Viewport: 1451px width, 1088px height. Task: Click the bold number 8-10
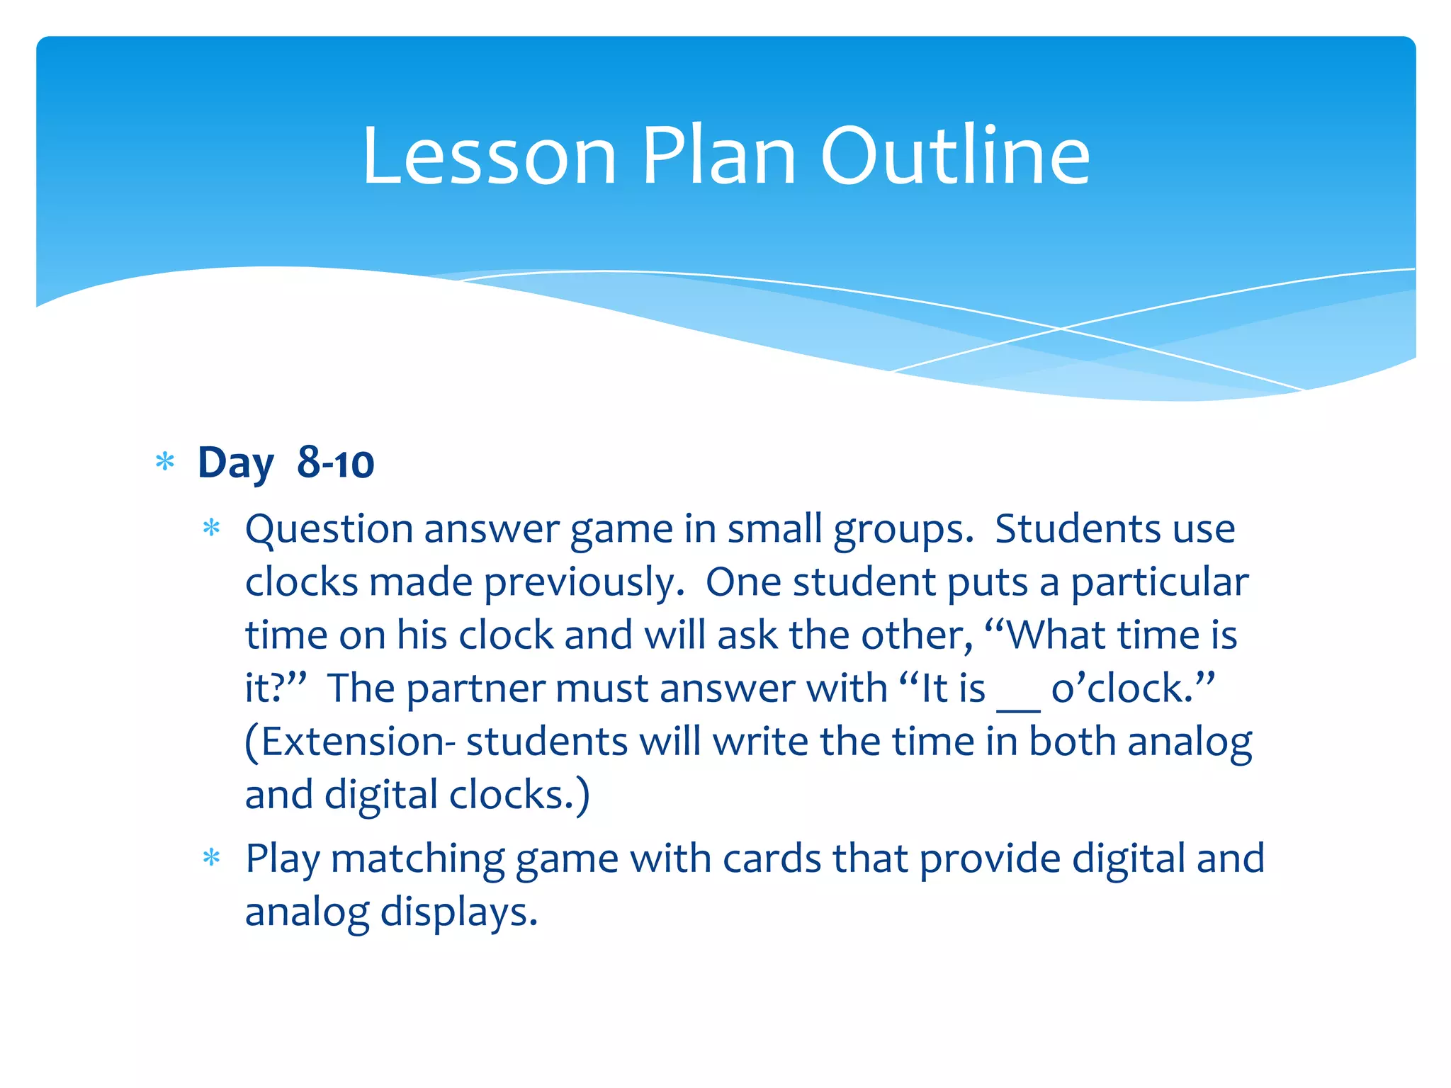335,463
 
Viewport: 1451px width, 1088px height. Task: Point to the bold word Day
235,463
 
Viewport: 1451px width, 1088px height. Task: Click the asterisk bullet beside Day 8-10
165,463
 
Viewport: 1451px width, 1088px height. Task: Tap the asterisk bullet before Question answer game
212,528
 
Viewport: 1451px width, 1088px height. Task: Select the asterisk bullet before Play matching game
212,858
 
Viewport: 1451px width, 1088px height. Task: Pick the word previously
585,583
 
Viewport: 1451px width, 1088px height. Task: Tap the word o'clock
1132,688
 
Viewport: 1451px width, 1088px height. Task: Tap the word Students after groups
1077,529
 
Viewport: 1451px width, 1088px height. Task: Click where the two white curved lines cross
1061,329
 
